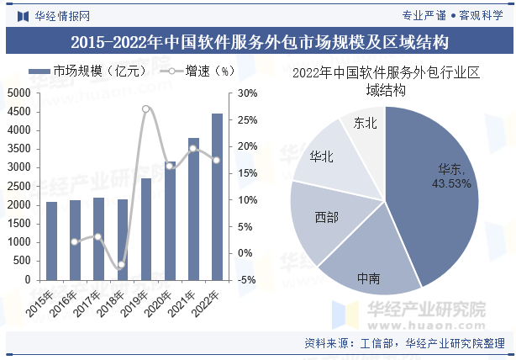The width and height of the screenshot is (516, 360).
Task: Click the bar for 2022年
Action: [217, 197]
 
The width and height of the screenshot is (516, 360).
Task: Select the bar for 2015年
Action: [52, 241]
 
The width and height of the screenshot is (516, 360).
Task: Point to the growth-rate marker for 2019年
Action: [146, 109]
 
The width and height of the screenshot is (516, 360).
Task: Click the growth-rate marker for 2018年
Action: [122, 265]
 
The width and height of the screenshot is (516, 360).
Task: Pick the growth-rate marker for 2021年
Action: [193, 149]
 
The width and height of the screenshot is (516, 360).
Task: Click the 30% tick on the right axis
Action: [247, 93]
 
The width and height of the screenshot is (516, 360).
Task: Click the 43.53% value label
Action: [451, 183]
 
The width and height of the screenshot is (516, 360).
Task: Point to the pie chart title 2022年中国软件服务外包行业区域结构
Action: [386, 82]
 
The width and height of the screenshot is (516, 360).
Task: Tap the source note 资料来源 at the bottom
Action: [403, 343]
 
